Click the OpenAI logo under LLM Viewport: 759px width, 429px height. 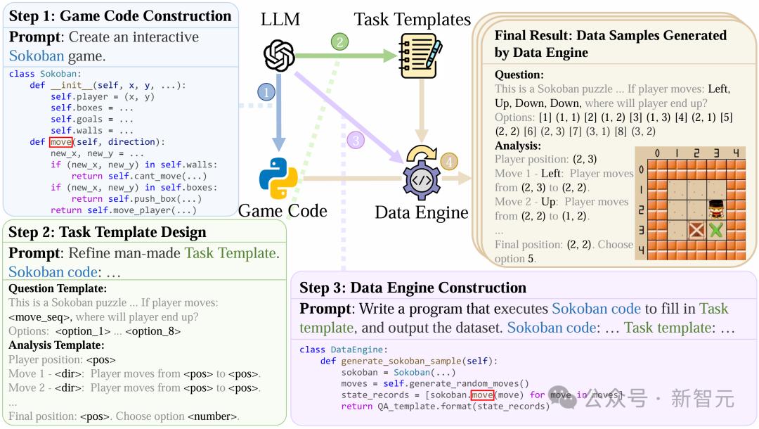click(279, 55)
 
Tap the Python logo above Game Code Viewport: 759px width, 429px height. click(278, 178)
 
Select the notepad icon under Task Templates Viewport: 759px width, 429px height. click(420, 56)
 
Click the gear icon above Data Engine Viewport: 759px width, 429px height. click(422, 174)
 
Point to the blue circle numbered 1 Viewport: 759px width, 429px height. click(266, 92)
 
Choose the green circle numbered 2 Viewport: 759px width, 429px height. click(340, 42)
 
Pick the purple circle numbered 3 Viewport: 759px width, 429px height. click(356, 141)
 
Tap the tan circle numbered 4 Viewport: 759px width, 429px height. click(448, 162)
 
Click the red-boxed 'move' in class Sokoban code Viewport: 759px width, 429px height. click(61, 142)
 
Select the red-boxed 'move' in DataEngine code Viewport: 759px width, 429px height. click(482, 395)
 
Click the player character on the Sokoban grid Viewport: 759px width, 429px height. click(716, 209)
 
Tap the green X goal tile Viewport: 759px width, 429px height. click(716, 229)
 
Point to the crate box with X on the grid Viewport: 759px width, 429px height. click(696, 229)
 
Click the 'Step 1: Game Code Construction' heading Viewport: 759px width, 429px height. click(120, 16)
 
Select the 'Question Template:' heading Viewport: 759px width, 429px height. click(58, 288)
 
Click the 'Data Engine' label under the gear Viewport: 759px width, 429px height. click(421, 212)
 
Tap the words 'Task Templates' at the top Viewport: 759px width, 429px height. click(412, 20)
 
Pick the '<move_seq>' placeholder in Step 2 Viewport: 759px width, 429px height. click(39, 317)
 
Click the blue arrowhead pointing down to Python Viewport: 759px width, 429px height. click(278, 143)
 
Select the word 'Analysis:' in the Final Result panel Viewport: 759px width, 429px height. click(517, 146)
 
